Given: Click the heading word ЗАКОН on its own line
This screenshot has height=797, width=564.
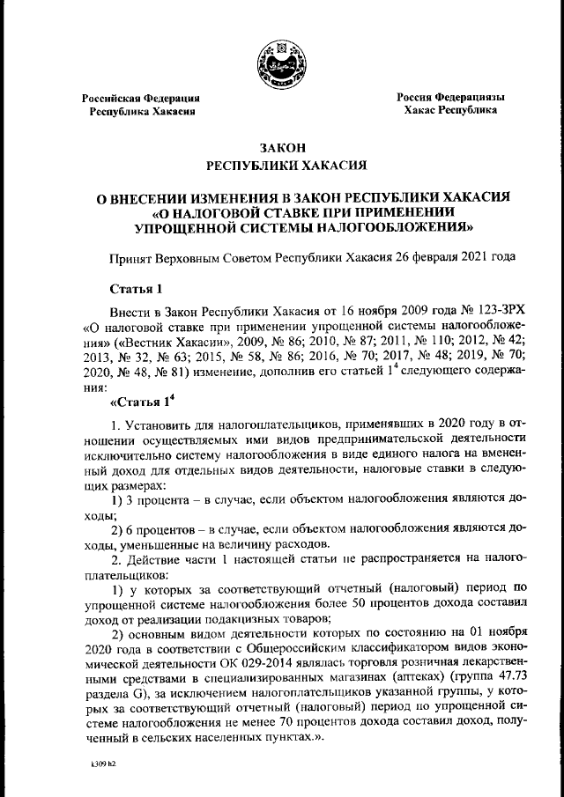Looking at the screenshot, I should pyautogui.click(x=282, y=146).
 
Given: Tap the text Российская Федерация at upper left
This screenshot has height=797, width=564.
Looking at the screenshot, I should pyautogui.click(x=141, y=98).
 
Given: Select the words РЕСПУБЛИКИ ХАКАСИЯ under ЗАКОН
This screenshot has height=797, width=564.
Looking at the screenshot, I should pyautogui.click(x=282, y=165).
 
